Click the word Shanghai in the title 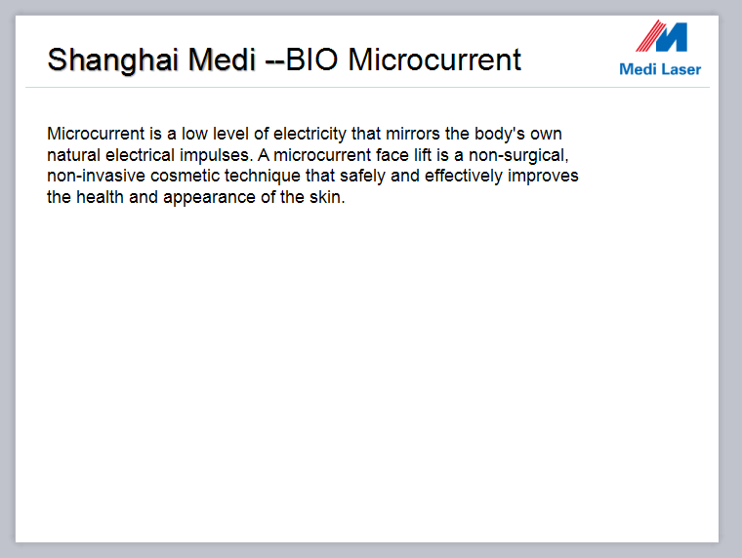pos(112,60)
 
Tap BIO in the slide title pos(311,60)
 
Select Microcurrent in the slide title pos(434,60)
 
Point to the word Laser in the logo pos(681,69)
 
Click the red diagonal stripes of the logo pos(650,36)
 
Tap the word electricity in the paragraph pos(309,134)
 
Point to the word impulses pos(216,155)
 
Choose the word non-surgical pos(518,155)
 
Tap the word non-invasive pos(96,176)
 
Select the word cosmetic pos(185,176)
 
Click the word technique pos(263,176)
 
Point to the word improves pos(543,176)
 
